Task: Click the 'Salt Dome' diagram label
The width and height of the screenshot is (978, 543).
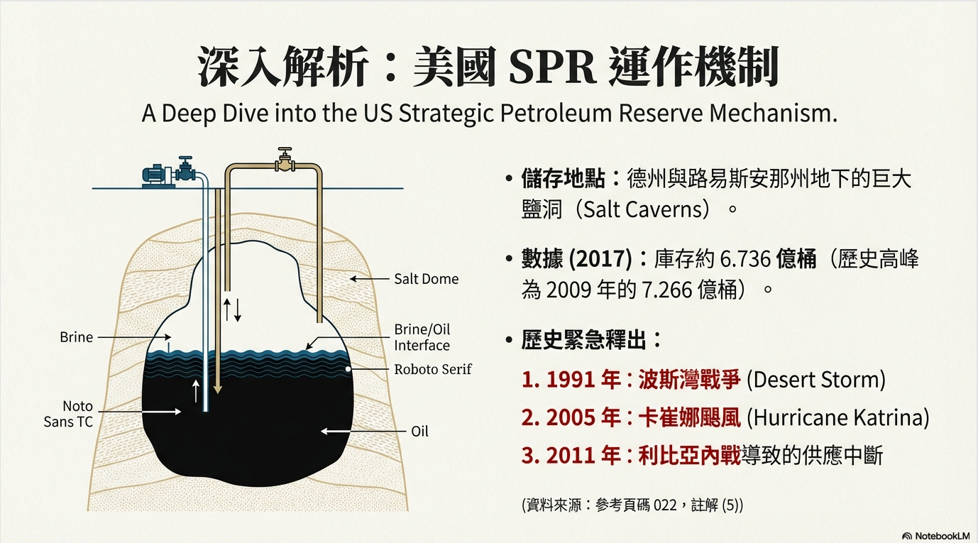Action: tap(426, 279)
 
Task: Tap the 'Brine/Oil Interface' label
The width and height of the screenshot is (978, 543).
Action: tap(422, 337)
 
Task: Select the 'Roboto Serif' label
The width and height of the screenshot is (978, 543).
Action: tap(433, 369)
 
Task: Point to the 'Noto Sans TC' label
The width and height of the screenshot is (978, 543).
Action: tap(69, 414)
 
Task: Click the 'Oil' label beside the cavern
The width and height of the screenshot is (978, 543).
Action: tap(419, 432)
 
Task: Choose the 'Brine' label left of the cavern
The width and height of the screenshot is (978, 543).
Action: tap(77, 337)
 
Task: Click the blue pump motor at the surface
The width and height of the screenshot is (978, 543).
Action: tap(157, 175)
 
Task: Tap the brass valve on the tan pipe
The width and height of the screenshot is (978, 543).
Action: tap(285, 160)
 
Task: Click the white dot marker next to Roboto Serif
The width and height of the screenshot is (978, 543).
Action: tap(348, 369)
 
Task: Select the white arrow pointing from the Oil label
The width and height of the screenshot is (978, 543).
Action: tap(341, 432)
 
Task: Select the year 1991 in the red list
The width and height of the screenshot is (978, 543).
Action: tap(570, 379)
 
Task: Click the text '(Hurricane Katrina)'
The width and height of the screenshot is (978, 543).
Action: tap(838, 418)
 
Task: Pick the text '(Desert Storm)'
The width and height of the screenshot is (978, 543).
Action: tap(816, 380)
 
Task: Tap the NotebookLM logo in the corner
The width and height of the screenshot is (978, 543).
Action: tap(935, 536)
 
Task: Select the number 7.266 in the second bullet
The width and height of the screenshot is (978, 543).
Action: tap(666, 290)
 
